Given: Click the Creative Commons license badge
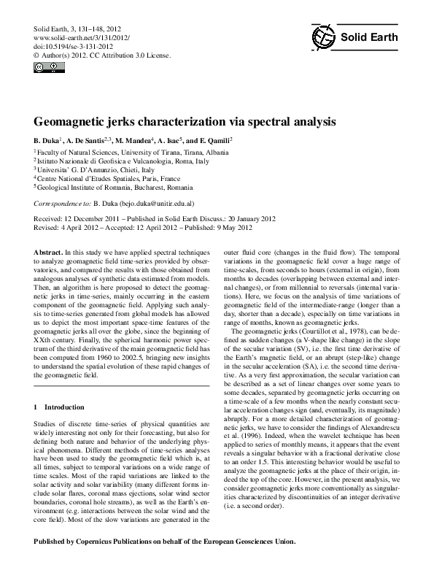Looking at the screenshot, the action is tap(43, 68).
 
